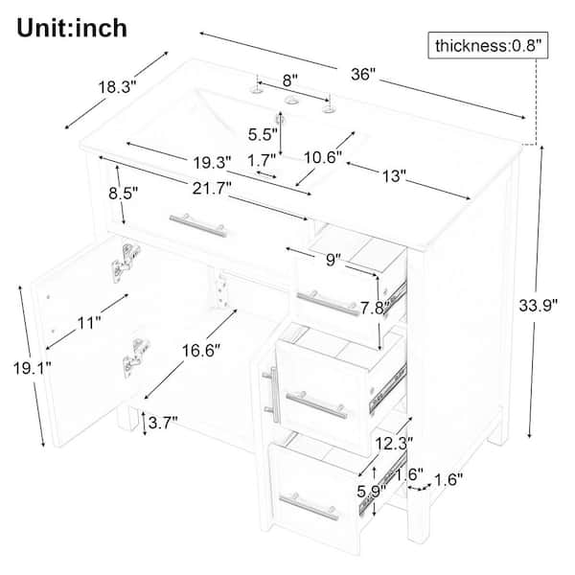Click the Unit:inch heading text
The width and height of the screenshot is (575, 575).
click(x=72, y=28)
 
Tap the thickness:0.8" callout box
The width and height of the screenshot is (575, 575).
click(x=488, y=45)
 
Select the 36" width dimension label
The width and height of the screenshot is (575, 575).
click(x=363, y=75)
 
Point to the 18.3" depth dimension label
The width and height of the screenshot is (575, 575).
click(x=117, y=87)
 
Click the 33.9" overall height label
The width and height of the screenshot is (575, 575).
click(x=538, y=305)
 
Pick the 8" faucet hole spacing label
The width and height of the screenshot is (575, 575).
click(x=290, y=80)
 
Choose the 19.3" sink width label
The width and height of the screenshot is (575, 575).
click(x=213, y=163)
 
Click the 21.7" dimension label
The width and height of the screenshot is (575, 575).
click(x=212, y=189)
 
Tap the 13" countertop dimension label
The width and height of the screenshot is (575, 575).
click(x=394, y=176)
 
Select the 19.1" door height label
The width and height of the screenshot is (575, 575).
click(x=33, y=368)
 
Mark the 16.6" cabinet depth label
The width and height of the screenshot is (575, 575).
click(x=201, y=351)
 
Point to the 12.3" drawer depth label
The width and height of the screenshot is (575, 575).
click(x=394, y=444)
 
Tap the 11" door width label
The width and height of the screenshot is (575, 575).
click(x=89, y=323)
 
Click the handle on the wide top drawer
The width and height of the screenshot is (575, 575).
click(x=197, y=224)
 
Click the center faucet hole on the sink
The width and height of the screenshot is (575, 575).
click(x=292, y=100)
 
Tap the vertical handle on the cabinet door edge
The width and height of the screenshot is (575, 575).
click(x=272, y=395)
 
